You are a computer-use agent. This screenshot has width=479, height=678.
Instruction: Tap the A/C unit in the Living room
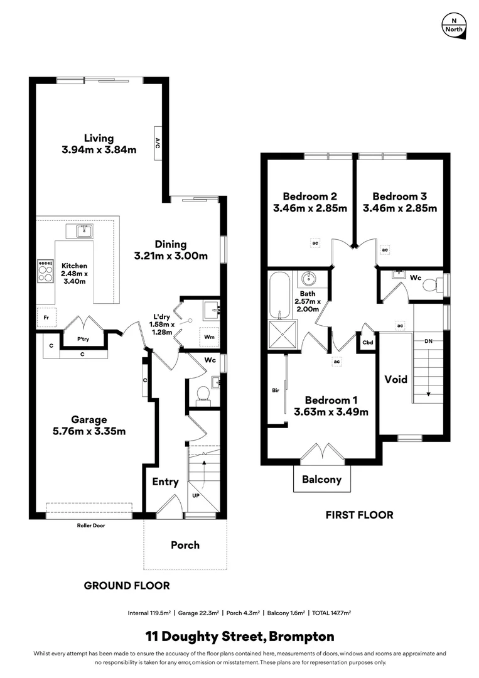158,144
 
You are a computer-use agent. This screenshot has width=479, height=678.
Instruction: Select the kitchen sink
84,232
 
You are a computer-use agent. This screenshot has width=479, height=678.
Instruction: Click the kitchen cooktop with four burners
46,271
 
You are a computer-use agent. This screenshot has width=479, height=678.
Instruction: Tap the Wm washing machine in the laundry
209,336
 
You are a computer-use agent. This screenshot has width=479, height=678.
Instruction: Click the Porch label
185,545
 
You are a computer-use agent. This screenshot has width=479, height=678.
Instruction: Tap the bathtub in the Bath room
279,294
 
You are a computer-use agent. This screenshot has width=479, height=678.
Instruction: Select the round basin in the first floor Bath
308,278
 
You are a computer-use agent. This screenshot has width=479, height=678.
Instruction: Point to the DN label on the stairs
428,342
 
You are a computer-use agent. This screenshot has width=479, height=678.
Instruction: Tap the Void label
396,379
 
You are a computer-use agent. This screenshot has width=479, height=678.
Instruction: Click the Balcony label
322,480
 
